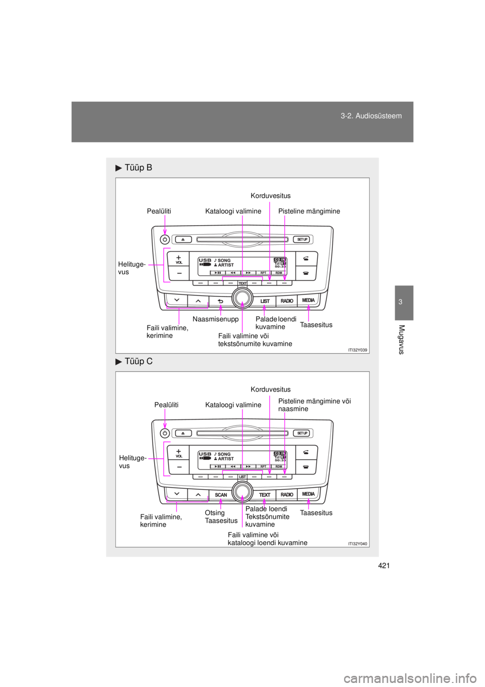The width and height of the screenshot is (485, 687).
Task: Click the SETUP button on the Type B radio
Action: [x=302, y=239]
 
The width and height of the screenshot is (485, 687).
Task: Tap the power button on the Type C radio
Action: [x=165, y=434]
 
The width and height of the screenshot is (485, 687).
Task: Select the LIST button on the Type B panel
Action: [x=265, y=301]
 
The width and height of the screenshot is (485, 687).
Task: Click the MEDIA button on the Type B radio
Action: [x=308, y=300]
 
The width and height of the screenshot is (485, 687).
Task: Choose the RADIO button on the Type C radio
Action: [x=286, y=495]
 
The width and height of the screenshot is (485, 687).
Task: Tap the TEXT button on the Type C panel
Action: [x=265, y=495]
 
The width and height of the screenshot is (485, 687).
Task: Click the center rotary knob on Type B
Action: [x=243, y=298]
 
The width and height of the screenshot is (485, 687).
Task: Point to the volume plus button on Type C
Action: [x=179, y=452]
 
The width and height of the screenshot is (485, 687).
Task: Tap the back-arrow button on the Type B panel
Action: [x=221, y=301]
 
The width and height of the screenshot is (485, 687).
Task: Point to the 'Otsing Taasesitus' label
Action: [x=221, y=517]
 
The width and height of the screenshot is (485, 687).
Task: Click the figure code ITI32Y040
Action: [x=358, y=543]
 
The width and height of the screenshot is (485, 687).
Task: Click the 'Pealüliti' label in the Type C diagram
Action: [x=166, y=405]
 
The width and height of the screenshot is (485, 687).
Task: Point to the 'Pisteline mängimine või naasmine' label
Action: [x=314, y=405]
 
